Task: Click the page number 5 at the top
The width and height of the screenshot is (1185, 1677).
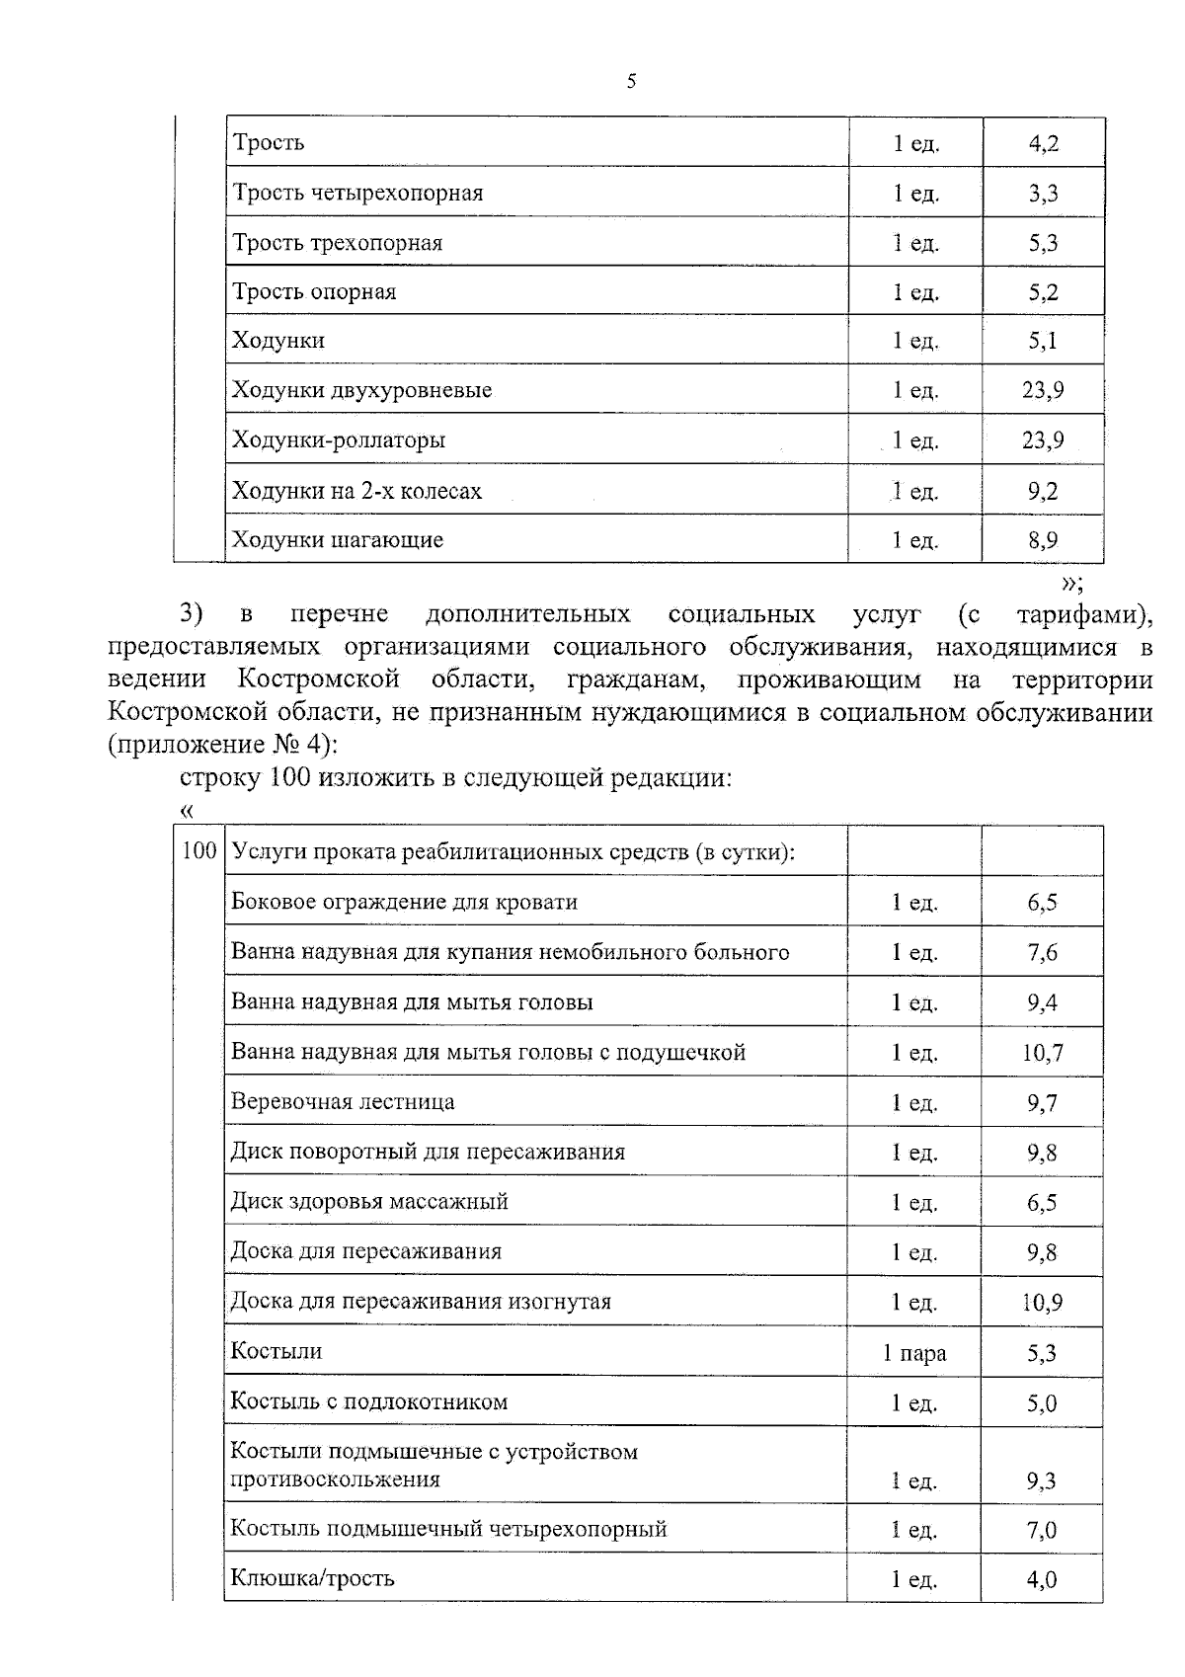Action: click(x=631, y=82)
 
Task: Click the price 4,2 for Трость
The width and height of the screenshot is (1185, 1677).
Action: click(x=1043, y=143)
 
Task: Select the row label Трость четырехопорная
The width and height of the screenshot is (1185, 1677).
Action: click(x=357, y=193)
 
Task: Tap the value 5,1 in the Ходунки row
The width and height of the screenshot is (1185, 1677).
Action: click(x=1043, y=341)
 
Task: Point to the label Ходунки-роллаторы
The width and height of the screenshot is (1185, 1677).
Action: click(x=338, y=439)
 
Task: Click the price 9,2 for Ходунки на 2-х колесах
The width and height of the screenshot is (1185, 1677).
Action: click(x=1043, y=491)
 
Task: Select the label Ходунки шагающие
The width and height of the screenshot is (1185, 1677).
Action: click(x=337, y=539)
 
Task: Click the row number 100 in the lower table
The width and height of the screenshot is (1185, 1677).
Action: click(x=199, y=850)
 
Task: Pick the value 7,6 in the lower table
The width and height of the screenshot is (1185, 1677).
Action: click(x=1042, y=952)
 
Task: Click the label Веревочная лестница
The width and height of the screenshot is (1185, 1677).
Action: click(x=343, y=1101)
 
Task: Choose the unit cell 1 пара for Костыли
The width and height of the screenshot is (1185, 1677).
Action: click(x=914, y=1352)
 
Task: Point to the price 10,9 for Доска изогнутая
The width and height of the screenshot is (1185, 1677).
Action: click(x=1042, y=1302)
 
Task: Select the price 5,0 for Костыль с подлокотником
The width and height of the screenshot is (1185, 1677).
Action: click(x=1042, y=1402)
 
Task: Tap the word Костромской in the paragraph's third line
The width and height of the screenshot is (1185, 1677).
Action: click(x=318, y=679)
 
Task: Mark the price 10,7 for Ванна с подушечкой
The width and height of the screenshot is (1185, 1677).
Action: click(x=1042, y=1053)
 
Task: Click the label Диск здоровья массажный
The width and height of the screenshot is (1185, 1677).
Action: click(x=369, y=1201)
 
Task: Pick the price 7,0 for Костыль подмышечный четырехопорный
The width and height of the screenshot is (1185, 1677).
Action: click(x=1042, y=1530)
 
